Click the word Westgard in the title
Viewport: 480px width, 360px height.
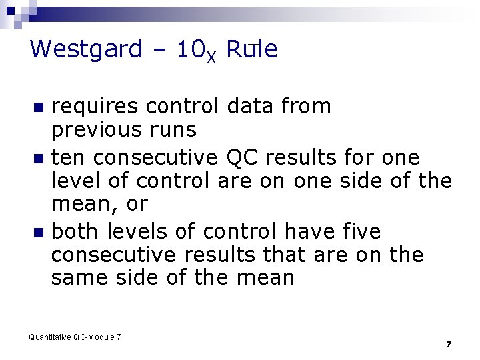pyautogui.click(x=86, y=49)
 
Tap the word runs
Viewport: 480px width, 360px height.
pyautogui.click(x=172, y=129)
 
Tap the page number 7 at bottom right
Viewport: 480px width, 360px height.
pyautogui.click(x=449, y=344)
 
